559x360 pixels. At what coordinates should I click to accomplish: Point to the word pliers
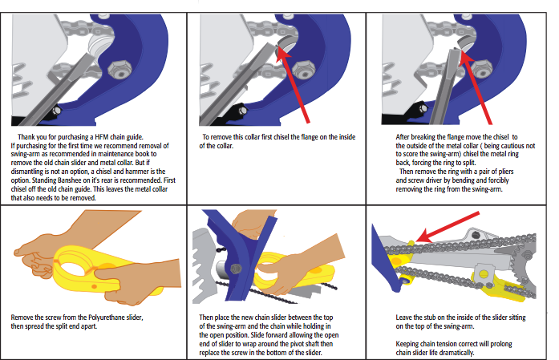[504, 172]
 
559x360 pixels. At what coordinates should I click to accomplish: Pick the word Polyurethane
[107, 318]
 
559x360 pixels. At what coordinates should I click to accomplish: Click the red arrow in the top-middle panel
[293, 85]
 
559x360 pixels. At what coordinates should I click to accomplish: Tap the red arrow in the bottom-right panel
[448, 227]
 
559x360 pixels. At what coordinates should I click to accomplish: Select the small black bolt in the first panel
[56, 110]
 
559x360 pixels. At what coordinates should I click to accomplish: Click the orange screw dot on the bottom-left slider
[94, 286]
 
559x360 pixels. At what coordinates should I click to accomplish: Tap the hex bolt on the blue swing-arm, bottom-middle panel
[236, 268]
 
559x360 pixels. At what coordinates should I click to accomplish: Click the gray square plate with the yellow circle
[483, 273]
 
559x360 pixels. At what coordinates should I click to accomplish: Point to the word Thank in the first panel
[27, 137]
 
